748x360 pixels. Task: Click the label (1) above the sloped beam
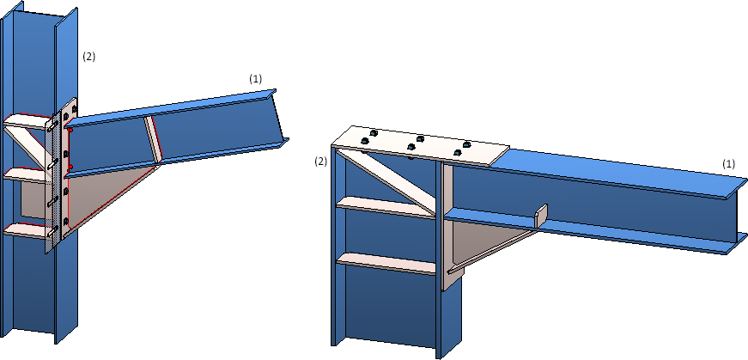point(256,79)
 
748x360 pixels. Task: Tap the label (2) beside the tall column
point(88,57)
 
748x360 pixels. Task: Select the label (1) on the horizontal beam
point(728,164)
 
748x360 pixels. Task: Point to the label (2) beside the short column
point(320,162)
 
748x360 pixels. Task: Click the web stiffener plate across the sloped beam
point(154,139)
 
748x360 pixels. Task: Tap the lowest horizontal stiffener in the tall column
point(27,230)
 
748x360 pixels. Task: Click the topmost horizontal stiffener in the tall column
point(28,121)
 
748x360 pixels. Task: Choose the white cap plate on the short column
point(420,145)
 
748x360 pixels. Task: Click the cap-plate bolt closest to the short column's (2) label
point(366,141)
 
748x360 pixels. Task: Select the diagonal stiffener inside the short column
point(386,181)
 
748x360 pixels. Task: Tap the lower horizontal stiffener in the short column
point(386,264)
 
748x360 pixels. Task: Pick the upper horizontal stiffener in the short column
point(386,207)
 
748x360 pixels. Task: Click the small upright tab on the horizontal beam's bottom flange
point(541,216)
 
